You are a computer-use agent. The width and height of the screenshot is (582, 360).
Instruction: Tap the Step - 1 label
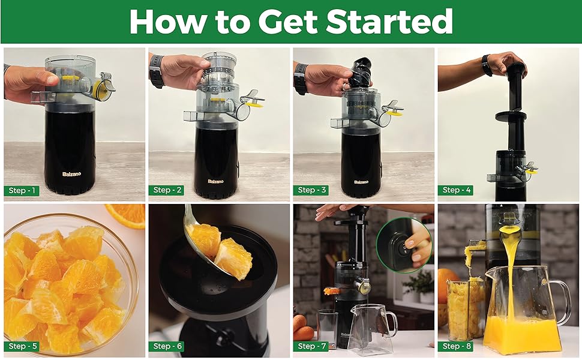[22, 191]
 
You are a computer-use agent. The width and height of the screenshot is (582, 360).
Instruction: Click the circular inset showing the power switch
[404, 244]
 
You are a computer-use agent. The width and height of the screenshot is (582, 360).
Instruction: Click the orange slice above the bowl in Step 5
[127, 215]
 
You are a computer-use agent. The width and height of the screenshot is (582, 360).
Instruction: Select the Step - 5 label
[22, 346]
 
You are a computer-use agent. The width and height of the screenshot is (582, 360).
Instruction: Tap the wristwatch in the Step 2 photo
[157, 71]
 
